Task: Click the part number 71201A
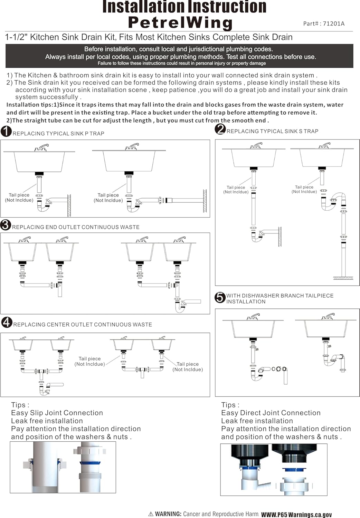click(333, 23)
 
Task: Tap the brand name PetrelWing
click(180, 23)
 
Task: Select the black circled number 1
click(6, 131)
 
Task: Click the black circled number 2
click(220, 129)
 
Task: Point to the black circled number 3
click(6, 225)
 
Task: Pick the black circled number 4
click(7, 322)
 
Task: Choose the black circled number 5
click(220, 297)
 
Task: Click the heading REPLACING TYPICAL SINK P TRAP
click(58, 133)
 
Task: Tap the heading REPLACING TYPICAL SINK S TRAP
click(272, 131)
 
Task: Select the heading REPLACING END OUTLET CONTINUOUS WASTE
click(76, 227)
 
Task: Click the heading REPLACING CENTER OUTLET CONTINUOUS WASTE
click(83, 325)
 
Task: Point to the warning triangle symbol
click(151, 514)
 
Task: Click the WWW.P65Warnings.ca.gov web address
click(296, 515)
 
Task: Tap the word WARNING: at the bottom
click(168, 514)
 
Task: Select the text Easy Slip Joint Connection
click(57, 413)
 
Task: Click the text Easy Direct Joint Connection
click(271, 413)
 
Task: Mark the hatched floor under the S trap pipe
click(343, 278)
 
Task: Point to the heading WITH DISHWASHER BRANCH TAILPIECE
click(280, 296)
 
